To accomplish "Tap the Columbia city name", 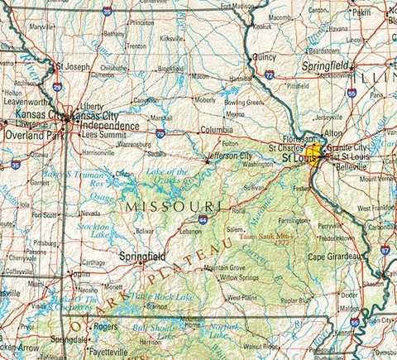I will pyautogui.click(x=216, y=130).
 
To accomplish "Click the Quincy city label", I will pyautogui.click(x=263, y=57).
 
